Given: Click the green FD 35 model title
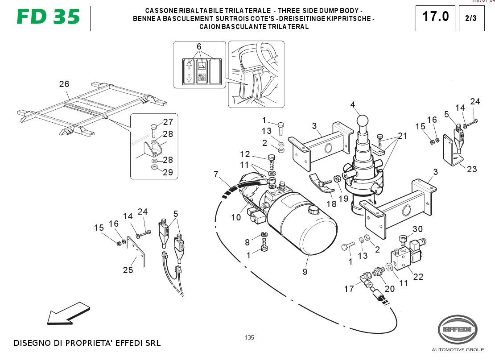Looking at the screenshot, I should pyautogui.click(x=48, y=17).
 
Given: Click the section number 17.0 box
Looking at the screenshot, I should pyautogui.click(x=435, y=17).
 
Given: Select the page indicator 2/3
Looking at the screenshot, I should pyautogui.click(x=471, y=18).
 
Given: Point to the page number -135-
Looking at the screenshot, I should pyautogui.click(x=249, y=338).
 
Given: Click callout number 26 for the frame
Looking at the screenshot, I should pyautogui.click(x=64, y=84).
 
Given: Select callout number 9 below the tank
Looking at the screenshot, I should pyautogui.click(x=305, y=271).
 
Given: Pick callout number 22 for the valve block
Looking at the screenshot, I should pyautogui.click(x=418, y=277).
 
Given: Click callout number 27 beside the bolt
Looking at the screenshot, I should pyautogui.click(x=168, y=122).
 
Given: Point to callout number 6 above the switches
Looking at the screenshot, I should pyautogui.click(x=199, y=46).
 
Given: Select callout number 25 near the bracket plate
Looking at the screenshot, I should pyautogui.click(x=128, y=270).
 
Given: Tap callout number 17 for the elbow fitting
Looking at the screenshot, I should pyautogui.click(x=349, y=289).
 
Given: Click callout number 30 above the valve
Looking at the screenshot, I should pyautogui.click(x=417, y=229).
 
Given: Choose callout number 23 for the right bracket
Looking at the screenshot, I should pyautogui.click(x=472, y=169).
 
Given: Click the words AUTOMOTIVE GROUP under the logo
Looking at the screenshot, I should pyautogui.click(x=458, y=349).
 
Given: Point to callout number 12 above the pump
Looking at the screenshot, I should pyautogui.click(x=245, y=154).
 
